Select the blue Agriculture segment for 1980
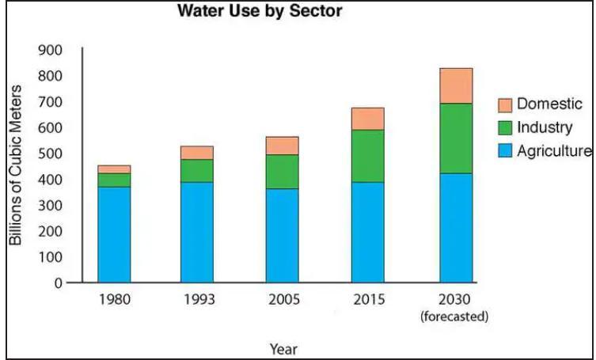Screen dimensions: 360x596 [x=114, y=234]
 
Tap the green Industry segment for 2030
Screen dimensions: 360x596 [x=456, y=138]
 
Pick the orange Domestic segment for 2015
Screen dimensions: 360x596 [x=368, y=119]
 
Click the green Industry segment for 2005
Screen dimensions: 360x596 [x=283, y=171]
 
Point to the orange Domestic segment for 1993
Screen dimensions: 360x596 [x=197, y=153]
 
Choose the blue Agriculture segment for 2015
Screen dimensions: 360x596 [x=368, y=232]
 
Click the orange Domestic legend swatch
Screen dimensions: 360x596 [x=505, y=104]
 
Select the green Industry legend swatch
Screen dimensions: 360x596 [x=505, y=127]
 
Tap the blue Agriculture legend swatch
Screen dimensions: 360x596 [x=505, y=150]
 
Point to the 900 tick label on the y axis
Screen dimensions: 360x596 [x=51, y=50]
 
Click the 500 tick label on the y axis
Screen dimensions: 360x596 [x=51, y=153]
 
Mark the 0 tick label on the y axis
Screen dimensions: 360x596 [x=57, y=282]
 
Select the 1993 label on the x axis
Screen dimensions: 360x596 [x=197, y=301]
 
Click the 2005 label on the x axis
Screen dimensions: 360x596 [x=283, y=301]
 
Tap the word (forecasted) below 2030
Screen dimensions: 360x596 [x=456, y=316]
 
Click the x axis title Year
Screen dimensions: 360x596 [x=283, y=347]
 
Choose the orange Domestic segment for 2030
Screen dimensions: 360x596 [x=456, y=85]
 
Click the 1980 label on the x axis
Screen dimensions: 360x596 [x=114, y=301]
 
